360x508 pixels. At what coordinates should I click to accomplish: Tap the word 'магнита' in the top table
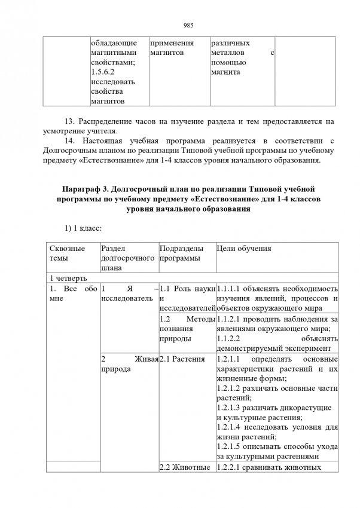point(224,72)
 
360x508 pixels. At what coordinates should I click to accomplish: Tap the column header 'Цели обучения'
point(243,249)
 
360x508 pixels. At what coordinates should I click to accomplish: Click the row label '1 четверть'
point(68,278)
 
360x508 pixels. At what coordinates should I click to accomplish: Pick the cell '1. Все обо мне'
point(72,294)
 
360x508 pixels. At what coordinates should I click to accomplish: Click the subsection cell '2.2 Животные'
point(185,469)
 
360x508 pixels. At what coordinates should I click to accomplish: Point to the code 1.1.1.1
point(229,289)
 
